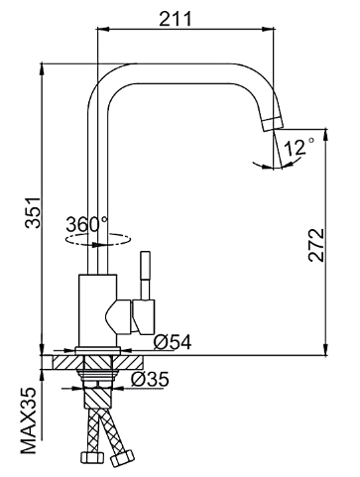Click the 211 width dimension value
tap(176, 19)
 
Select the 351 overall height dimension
tap(33, 213)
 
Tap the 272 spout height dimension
tap(316, 245)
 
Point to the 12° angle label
tap(299, 147)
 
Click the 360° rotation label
tap(87, 224)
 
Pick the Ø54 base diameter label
tap(173, 342)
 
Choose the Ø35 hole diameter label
tap(150, 379)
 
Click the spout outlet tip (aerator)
tap(273, 124)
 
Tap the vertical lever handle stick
tap(146, 276)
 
